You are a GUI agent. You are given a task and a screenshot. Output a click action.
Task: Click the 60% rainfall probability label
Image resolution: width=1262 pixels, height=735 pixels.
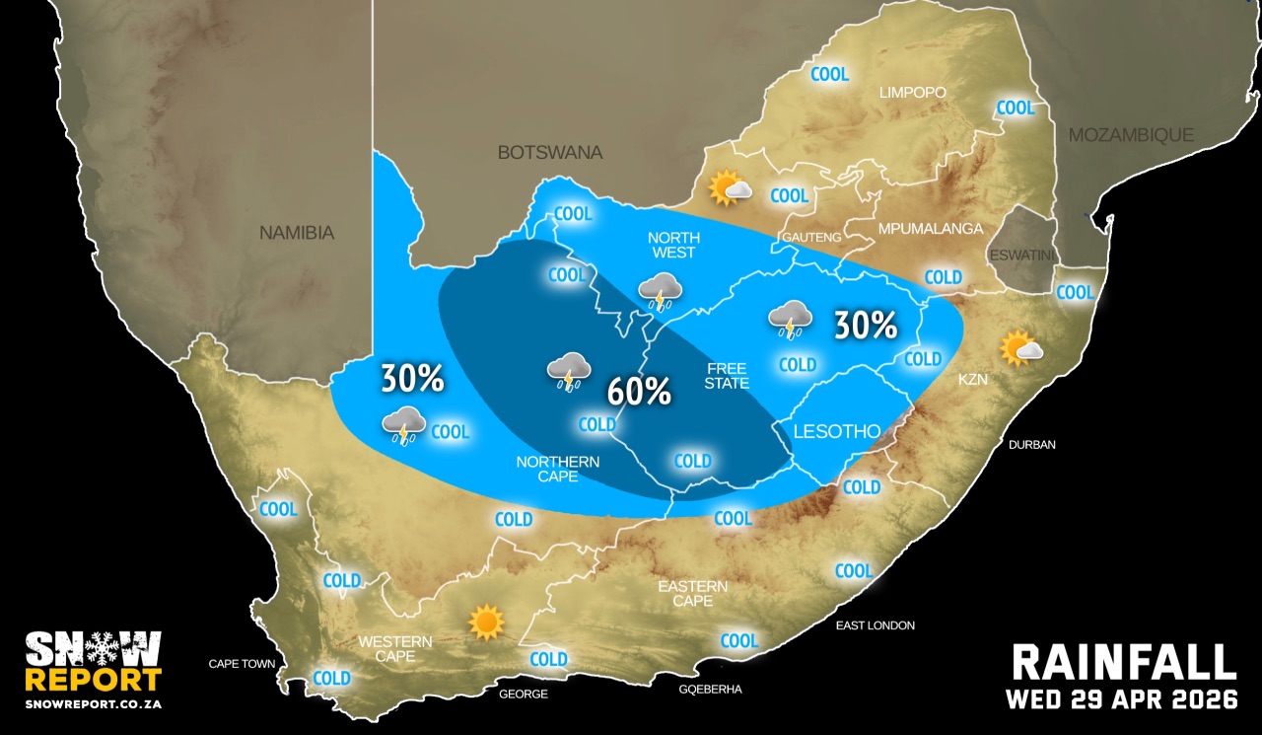(639, 391)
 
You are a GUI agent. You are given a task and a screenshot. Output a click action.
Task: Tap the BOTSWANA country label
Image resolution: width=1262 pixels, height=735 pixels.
(549, 153)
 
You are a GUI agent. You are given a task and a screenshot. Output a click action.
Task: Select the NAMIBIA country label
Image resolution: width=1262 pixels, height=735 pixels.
(297, 234)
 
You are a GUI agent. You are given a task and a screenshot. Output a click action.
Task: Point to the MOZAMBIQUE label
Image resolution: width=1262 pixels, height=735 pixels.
(1132, 135)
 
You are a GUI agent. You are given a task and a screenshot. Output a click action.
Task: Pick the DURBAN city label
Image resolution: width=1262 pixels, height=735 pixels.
(1031, 445)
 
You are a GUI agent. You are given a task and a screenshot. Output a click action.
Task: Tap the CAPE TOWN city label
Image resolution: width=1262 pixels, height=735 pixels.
(242, 664)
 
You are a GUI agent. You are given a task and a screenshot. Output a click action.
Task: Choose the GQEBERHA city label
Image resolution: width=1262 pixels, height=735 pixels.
(710, 689)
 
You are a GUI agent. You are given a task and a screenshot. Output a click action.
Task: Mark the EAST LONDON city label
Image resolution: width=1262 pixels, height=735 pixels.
(875, 625)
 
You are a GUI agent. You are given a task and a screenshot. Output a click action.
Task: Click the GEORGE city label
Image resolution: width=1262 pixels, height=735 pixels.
(523, 695)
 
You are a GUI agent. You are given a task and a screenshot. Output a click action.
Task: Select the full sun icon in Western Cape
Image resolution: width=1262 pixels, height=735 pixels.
(486, 622)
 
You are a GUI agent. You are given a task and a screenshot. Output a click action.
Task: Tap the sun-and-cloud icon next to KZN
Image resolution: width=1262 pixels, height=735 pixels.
(1019, 348)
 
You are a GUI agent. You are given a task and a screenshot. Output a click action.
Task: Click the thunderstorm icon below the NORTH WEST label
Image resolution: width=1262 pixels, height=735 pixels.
(660, 291)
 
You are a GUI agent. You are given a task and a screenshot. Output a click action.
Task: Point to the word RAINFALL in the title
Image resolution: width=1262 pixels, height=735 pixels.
(1124, 663)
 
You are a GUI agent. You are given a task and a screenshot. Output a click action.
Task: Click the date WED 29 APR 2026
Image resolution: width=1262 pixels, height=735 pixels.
(1121, 699)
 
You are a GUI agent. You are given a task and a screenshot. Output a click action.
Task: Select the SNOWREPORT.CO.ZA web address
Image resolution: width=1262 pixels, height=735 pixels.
(93, 704)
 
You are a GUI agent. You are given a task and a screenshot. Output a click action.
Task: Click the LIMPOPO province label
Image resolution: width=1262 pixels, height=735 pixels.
(913, 93)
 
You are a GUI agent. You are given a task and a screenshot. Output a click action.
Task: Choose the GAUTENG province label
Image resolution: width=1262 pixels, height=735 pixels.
(811, 238)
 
